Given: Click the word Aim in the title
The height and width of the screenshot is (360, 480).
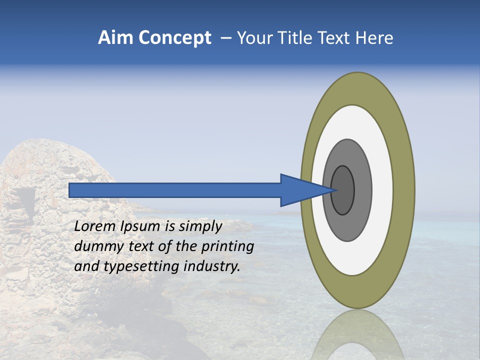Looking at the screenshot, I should point(116,38).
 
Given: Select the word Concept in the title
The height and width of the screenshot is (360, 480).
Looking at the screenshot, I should point(174,38).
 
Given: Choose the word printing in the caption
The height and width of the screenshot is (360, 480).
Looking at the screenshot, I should point(228,247).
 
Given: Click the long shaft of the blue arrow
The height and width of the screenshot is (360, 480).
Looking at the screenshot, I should point(175,190).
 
